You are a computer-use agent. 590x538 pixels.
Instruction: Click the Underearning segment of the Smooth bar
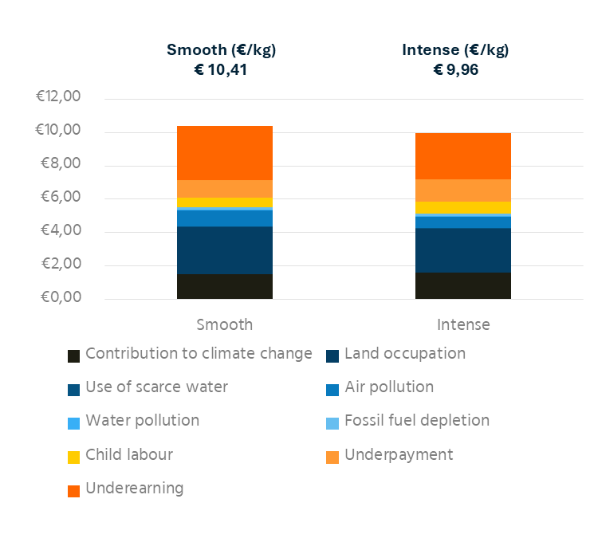tap(225, 153)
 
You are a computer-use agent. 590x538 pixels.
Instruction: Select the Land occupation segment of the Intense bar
tap(463, 250)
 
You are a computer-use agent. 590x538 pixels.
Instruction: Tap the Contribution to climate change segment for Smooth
tap(225, 286)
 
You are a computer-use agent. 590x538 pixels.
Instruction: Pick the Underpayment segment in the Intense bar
tap(463, 190)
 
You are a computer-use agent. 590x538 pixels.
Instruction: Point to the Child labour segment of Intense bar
tap(463, 207)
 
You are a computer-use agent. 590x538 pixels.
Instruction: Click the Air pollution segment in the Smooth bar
tap(225, 218)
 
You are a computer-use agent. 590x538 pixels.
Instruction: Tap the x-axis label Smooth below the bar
tap(225, 324)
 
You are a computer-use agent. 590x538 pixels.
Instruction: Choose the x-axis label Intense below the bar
tap(463, 324)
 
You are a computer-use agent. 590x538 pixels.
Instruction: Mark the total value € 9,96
tap(456, 69)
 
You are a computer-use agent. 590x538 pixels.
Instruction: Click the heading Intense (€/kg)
tap(456, 49)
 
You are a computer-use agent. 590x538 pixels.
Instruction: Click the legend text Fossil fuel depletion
tap(417, 420)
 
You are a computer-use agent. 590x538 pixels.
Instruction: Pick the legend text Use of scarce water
tap(156, 387)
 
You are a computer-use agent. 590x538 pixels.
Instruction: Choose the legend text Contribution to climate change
tap(199, 353)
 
